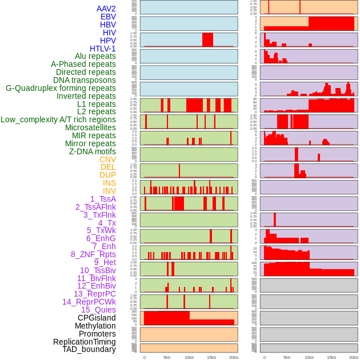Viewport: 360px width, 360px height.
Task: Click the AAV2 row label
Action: click(x=106, y=9)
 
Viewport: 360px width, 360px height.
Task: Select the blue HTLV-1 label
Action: click(x=102, y=49)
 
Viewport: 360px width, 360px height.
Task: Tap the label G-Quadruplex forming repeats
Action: click(x=61, y=89)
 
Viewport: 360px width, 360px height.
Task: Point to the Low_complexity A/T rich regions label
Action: click(x=58, y=119)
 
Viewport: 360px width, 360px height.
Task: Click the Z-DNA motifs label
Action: click(x=93, y=151)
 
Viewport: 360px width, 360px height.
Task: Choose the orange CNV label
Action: click(x=107, y=159)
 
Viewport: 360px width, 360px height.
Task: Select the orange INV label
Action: click(x=109, y=191)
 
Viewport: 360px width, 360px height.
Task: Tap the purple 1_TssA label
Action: click(x=103, y=199)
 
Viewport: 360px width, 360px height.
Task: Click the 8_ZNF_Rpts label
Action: click(x=93, y=254)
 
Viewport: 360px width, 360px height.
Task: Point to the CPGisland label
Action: click(x=97, y=318)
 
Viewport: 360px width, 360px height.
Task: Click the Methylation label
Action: click(x=95, y=326)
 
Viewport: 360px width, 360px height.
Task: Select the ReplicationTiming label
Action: click(x=85, y=342)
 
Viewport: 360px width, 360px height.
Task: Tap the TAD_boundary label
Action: click(x=89, y=349)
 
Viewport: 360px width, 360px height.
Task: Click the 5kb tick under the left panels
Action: click(x=167, y=357)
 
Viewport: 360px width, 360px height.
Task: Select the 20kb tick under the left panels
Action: click(x=234, y=357)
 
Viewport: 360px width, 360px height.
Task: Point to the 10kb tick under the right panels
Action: click(x=309, y=357)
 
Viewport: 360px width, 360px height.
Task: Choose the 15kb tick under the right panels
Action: click(x=331, y=357)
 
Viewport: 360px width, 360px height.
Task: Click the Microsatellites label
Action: click(x=90, y=127)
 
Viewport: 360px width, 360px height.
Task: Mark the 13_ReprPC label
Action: click(x=94, y=294)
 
